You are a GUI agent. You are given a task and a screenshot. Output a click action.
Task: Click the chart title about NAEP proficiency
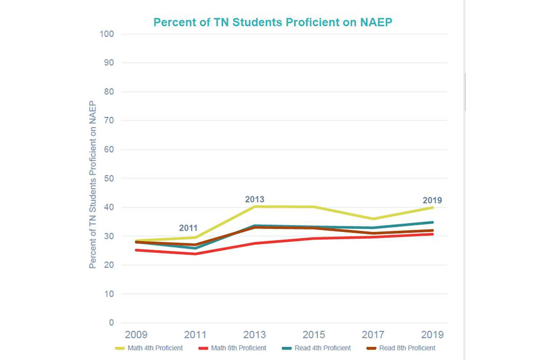[273, 22]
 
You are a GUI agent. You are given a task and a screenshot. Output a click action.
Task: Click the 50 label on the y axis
[108, 179]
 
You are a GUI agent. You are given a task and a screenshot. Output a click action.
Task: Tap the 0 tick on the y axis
[111, 323]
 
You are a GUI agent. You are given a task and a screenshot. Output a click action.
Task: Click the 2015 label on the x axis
[313, 335]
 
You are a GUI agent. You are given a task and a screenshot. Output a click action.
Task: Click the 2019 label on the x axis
[432, 335]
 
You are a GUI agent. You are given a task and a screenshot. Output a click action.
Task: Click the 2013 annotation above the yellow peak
[254, 199]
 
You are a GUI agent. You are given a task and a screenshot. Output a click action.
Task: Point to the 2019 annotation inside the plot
[432, 200]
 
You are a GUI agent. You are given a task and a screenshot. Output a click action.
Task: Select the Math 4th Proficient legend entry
[149, 348]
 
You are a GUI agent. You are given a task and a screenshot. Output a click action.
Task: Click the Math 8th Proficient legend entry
[233, 348]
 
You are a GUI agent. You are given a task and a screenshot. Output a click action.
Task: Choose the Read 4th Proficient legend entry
[316, 348]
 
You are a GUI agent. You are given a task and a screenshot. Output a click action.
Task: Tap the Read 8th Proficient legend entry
[401, 348]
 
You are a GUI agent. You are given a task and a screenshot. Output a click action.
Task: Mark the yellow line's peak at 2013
[254, 207]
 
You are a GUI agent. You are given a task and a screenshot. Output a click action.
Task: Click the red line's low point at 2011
[195, 254]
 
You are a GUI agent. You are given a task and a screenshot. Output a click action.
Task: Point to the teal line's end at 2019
[432, 222]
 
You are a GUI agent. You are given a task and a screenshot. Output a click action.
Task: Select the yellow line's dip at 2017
[373, 219]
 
